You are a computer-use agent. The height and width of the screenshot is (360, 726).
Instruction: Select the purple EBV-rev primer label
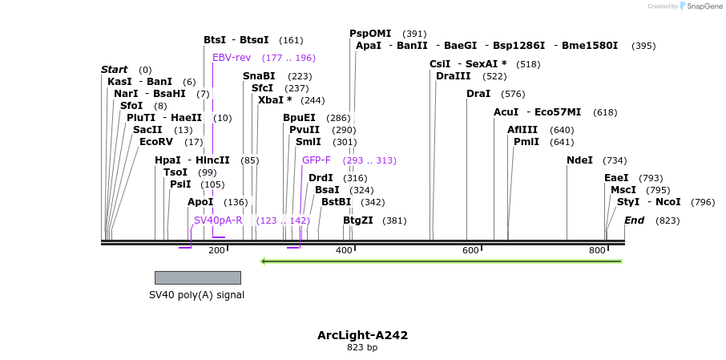[232, 58]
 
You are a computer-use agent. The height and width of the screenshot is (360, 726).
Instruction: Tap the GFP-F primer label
[316, 160]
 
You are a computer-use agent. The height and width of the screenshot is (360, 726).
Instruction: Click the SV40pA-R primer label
[218, 220]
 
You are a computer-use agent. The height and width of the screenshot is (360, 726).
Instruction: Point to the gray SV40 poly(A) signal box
[197, 277]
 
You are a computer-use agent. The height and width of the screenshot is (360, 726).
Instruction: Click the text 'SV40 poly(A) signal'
[196, 295]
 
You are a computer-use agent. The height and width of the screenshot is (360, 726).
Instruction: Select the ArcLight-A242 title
[362, 335]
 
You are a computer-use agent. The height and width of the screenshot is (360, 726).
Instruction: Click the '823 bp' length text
[362, 348]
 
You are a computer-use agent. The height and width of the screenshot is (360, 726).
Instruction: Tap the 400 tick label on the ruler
[343, 251]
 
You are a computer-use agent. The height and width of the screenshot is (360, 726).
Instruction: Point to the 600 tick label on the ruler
[470, 251]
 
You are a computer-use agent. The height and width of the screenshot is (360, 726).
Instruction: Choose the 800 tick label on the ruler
[597, 251]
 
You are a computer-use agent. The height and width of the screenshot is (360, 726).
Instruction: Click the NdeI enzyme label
[579, 160]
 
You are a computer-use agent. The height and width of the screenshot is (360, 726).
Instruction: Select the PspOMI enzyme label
[370, 34]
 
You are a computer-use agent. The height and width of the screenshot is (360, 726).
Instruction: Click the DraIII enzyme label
[453, 76]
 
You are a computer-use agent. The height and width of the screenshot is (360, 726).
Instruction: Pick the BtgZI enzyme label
[358, 220]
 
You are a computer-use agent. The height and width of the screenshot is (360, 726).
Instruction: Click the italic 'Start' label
[115, 70]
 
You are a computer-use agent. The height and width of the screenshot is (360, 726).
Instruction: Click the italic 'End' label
[634, 220]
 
